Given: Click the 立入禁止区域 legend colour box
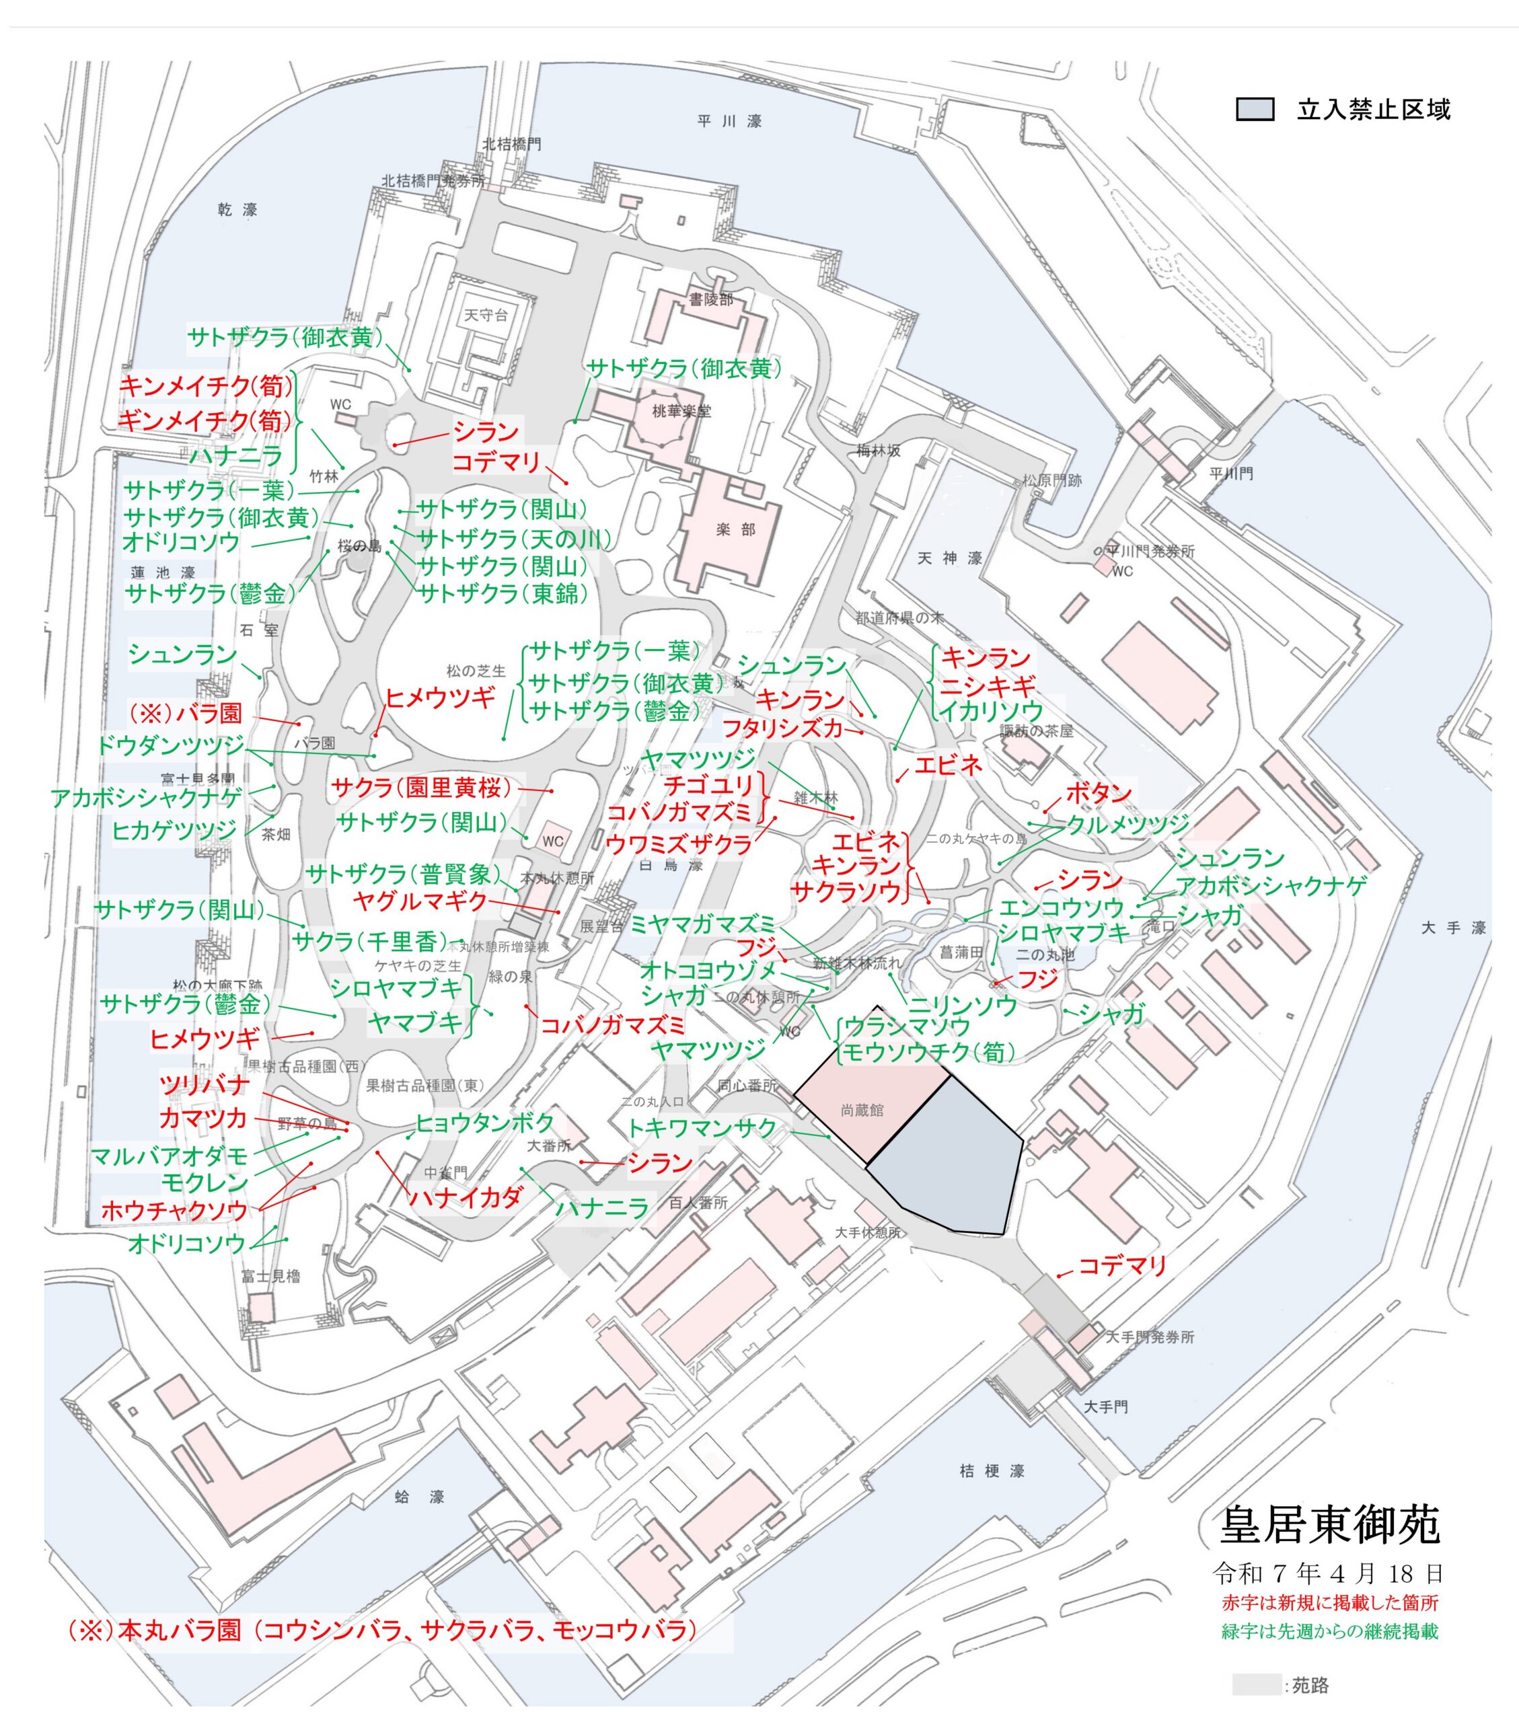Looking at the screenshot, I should [x=1255, y=110].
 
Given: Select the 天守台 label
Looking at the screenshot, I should [x=486, y=315].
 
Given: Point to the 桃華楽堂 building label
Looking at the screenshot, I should [x=681, y=411].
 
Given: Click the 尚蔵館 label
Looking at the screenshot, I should [x=862, y=1111].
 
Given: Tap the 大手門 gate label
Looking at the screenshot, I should [x=1105, y=1407].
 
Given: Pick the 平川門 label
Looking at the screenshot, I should [x=1231, y=474].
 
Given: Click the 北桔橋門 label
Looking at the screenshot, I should [x=511, y=144].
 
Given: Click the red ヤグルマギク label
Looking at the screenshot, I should [x=420, y=901].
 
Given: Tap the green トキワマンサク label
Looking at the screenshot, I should [x=701, y=1128].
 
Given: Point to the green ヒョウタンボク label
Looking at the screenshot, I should [x=485, y=1123].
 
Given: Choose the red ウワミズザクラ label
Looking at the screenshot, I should [x=679, y=844].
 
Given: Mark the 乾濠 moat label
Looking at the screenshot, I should [x=237, y=210].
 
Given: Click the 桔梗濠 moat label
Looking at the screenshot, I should [x=992, y=1471].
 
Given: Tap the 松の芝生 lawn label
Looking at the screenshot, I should [x=476, y=671].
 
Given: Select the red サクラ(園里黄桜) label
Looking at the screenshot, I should [x=421, y=788].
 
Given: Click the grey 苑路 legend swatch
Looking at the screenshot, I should [x=1255, y=1684].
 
